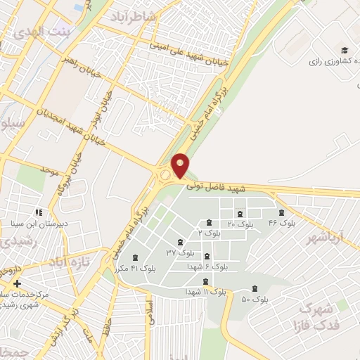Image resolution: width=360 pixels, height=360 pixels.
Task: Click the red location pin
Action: click(181, 165)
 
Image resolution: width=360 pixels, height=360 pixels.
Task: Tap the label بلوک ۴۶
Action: click(282, 223)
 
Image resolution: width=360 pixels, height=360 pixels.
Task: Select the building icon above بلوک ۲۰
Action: click(240, 214)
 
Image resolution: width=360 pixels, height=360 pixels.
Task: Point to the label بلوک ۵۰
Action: click(256, 300)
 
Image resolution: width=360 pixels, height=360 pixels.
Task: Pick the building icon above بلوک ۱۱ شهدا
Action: click(206, 281)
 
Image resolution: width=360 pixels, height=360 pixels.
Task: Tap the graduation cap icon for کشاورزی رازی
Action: click(345, 50)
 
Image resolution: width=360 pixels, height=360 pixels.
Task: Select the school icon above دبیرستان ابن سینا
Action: click(39, 212)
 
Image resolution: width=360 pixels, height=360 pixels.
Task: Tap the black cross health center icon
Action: click(16, 283)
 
